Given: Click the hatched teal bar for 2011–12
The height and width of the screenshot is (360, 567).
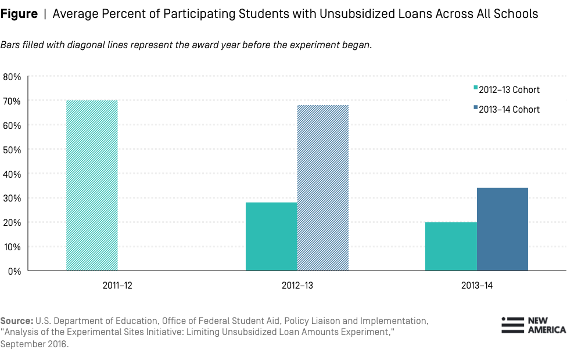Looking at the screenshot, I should coord(92,186).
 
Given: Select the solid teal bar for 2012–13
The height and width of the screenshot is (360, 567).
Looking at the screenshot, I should coord(271,236).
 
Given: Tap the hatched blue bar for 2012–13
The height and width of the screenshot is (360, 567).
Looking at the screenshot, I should coord(323,188).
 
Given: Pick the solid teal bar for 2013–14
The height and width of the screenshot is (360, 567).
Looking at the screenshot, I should coord(451,246).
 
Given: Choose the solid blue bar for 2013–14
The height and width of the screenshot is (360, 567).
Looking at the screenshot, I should coord(503,229).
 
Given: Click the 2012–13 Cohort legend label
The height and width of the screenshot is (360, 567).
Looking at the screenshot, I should coord(509,90).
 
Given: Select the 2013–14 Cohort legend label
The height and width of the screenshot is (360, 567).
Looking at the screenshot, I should coord(509,110).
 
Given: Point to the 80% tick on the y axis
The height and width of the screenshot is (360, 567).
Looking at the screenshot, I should coord(13,77).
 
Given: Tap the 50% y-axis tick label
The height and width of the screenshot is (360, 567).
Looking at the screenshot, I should coord(13,150).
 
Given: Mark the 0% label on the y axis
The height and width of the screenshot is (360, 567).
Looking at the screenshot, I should coord(15,271).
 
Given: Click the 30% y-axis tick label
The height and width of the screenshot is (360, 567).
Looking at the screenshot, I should coord(13,199).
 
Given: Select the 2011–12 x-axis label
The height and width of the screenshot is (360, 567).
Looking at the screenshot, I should coord(92,286).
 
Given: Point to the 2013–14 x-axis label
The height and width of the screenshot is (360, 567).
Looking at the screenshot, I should coord(476,286).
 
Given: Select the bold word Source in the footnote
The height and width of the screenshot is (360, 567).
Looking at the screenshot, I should coord(16,321).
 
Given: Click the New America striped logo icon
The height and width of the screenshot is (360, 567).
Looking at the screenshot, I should coord(512,325).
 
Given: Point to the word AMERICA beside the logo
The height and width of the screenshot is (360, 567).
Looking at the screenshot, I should coord(546,330).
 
